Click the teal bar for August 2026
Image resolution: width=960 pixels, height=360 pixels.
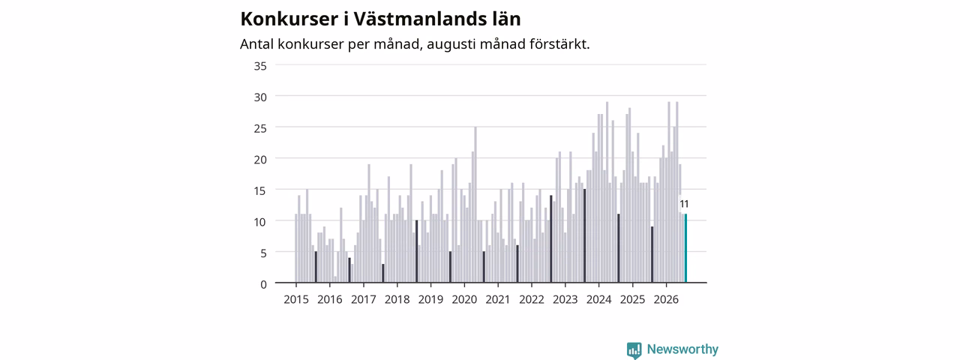tap(685, 248)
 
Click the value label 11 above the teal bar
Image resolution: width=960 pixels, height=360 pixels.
tap(684, 204)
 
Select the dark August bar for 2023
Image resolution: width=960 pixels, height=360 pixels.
tap(584, 235)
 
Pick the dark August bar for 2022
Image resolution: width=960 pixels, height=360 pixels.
tap(551, 239)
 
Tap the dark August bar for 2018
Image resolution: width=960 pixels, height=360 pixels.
tap(416, 251)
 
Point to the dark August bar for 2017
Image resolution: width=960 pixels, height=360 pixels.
tap(383, 274)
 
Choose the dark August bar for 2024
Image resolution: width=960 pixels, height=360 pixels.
tap(619, 248)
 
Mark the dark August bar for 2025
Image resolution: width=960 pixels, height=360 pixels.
tap(652, 254)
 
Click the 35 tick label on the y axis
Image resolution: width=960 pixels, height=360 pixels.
tap(260, 66)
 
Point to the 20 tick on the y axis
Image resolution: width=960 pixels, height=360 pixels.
tap(260, 160)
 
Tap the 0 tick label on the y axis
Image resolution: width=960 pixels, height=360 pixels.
tap(263, 284)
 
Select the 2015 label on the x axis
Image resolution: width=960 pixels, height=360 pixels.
tap(296, 299)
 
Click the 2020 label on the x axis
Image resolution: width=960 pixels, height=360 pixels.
tap(464, 299)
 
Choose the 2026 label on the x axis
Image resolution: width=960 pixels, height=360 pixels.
tap(666, 299)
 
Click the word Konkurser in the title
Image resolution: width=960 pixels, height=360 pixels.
tap(289, 19)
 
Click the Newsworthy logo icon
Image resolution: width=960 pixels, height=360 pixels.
tap(634, 350)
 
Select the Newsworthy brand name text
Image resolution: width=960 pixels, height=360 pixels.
tap(682, 349)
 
